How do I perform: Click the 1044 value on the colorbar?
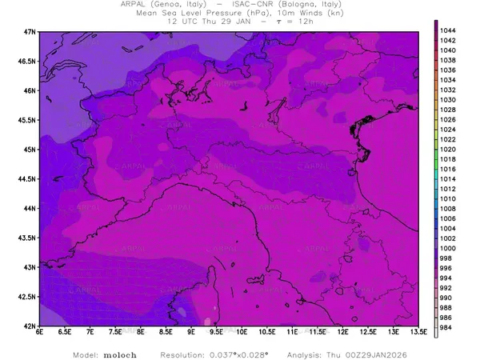449,30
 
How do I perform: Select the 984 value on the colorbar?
447,328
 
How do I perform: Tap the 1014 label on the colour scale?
449,179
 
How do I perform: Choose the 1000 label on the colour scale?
449,249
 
